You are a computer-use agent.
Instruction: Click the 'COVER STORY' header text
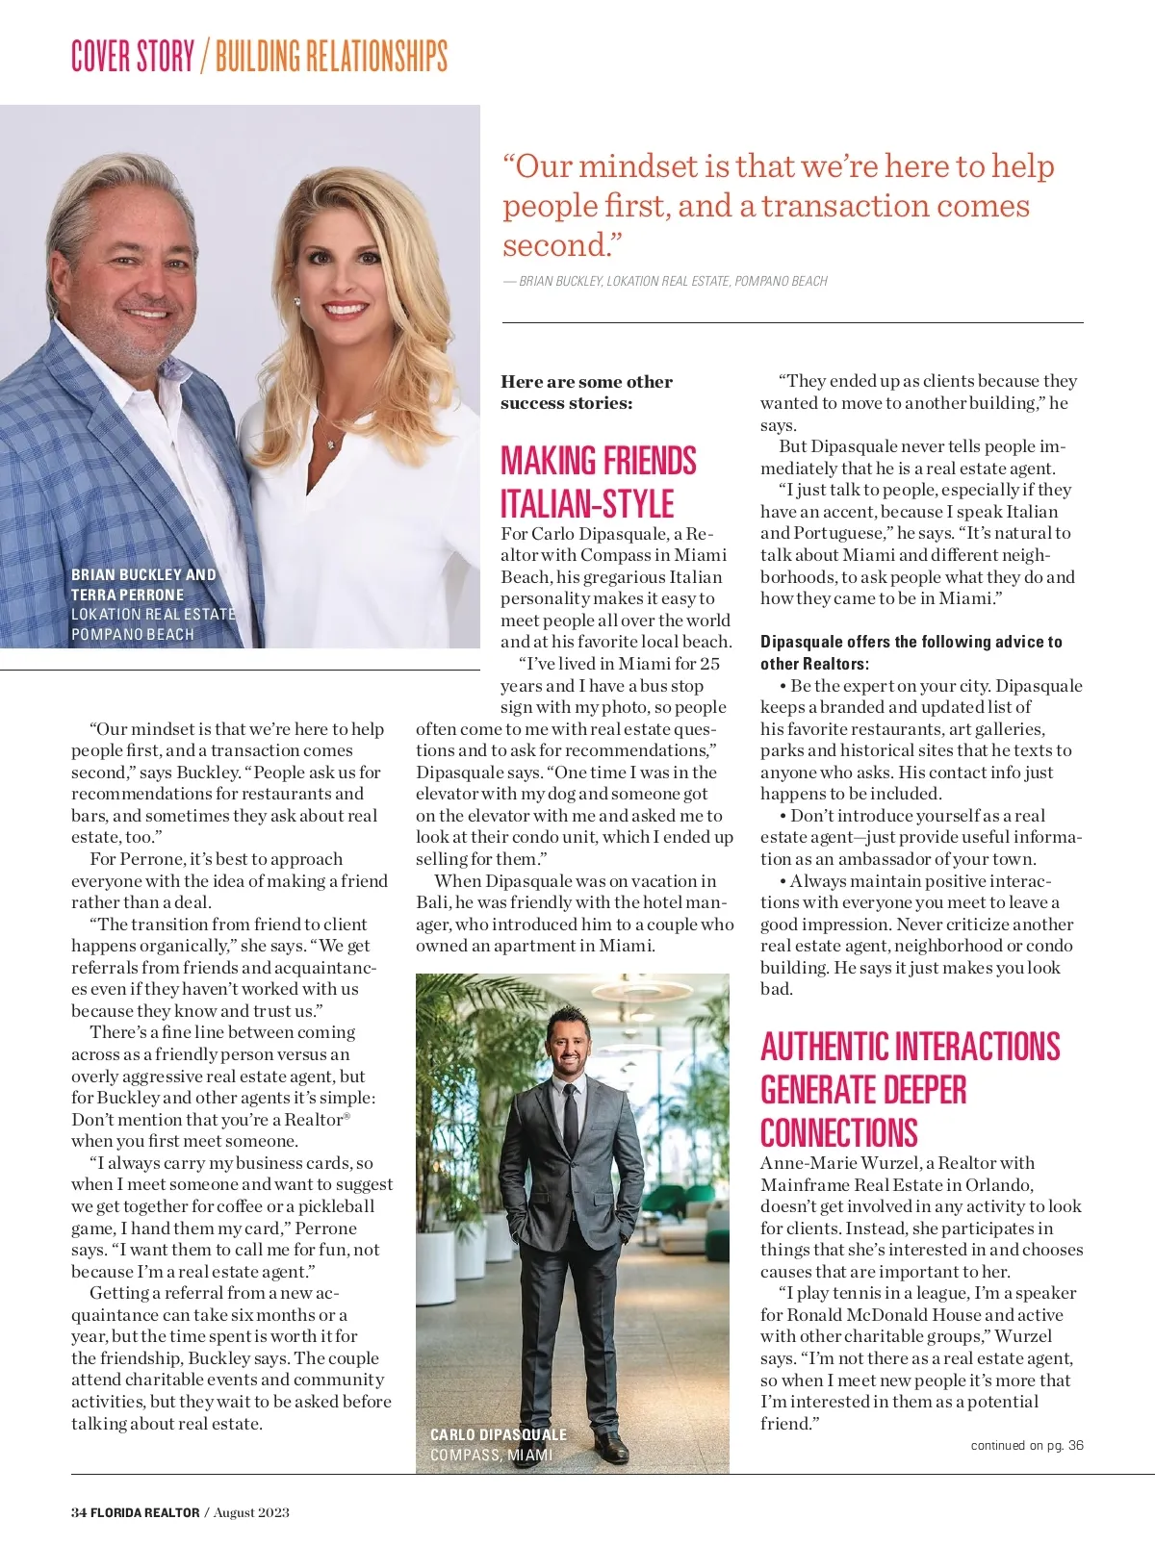click(x=133, y=56)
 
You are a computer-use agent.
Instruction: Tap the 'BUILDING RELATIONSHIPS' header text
click(x=331, y=56)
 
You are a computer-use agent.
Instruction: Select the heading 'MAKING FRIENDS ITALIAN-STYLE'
click(x=598, y=482)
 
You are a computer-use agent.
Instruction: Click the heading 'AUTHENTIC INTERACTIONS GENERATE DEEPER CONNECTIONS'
click(x=910, y=1089)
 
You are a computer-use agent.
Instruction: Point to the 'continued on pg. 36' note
click(x=1026, y=1445)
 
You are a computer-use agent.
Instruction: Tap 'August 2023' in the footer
click(x=251, y=1512)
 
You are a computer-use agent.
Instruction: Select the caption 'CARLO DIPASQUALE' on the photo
click(x=498, y=1434)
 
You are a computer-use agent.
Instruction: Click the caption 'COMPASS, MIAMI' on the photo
click(x=491, y=1455)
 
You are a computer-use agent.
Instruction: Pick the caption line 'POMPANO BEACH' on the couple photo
click(x=133, y=635)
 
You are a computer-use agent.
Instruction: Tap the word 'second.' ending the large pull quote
click(x=556, y=245)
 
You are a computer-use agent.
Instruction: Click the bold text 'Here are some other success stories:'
click(x=586, y=393)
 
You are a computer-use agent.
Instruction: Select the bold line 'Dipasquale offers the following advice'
click(x=911, y=642)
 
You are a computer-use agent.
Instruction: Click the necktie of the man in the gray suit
click(x=571, y=1126)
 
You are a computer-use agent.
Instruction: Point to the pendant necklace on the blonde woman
click(x=332, y=443)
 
